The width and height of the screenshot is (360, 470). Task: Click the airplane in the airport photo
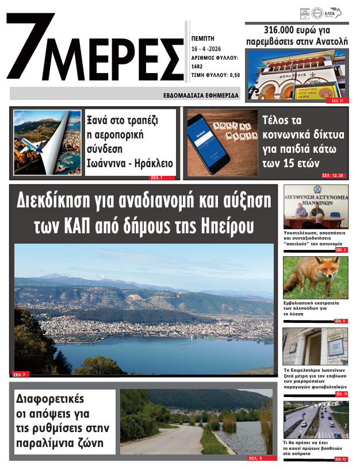tap(37, 146)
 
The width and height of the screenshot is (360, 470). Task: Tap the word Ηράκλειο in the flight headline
tap(153, 163)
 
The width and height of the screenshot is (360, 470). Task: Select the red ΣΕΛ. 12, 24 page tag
tap(333, 175)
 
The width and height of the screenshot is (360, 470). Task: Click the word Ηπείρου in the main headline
tap(225, 226)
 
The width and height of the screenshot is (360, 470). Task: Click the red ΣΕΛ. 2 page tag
tap(341, 250)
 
